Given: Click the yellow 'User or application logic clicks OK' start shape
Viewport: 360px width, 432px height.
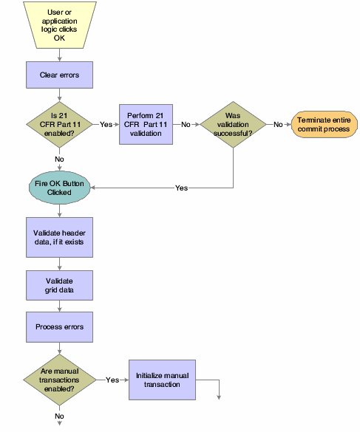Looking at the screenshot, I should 59,27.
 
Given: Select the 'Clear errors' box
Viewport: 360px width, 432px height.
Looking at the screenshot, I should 59,75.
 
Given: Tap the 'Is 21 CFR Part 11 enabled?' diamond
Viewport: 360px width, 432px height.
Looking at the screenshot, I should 59,123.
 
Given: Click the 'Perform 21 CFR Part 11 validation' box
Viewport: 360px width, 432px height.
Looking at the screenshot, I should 150,123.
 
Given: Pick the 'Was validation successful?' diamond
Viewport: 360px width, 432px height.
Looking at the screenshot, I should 234,123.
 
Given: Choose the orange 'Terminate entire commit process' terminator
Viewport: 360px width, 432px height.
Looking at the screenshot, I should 322,124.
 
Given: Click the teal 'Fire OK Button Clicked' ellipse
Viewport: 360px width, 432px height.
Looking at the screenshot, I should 59,188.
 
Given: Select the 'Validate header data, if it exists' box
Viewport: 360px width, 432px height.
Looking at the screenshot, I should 59,237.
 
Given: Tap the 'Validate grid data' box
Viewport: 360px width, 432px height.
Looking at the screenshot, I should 59,286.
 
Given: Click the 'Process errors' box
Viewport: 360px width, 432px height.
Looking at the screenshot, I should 59,326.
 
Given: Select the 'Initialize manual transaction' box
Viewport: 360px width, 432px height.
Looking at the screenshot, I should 163,380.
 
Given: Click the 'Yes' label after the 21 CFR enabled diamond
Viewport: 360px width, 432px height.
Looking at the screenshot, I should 106,124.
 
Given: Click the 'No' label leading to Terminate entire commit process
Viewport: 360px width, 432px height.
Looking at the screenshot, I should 278,124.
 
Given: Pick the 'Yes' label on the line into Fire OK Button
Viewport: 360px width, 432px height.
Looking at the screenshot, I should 181,188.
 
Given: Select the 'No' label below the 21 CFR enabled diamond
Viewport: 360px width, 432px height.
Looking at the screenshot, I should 59,158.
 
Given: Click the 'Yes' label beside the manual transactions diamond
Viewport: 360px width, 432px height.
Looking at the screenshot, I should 113,380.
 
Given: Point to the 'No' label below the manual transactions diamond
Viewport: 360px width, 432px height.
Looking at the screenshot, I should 59,416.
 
